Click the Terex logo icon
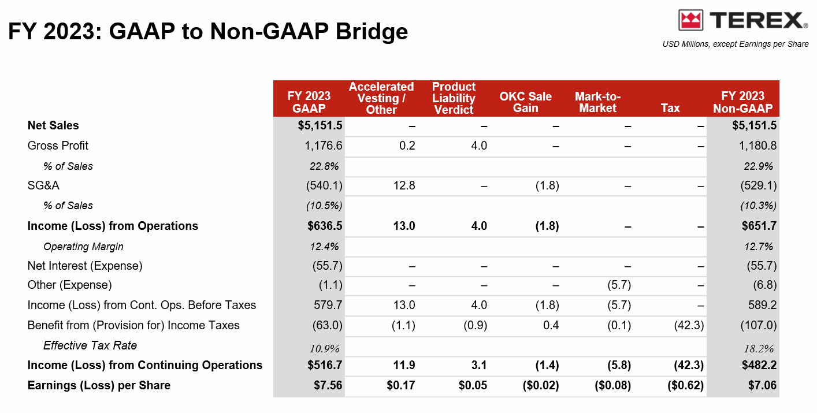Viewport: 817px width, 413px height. pyautogui.click(x=690, y=20)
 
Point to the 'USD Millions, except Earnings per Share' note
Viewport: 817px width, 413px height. pyautogui.click(x=736, y=44)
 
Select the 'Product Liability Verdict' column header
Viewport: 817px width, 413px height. pyautogui.click(x=454, y=98)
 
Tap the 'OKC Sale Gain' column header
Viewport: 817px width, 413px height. pyautogui.click(x=525, y=102)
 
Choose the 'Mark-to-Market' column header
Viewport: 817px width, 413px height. pyautogui.click(x=597, y=102)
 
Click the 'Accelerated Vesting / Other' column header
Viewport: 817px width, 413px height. pyautogui.click(x=381, y=98)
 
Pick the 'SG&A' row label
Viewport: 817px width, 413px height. pyautogui.click(x=43, y=185)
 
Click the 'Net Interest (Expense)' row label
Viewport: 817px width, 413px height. pyautogui.click(x=85, y=266)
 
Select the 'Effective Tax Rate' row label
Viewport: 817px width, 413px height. pyautogui.click(x=90, y=345)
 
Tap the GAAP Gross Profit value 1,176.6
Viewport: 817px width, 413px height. pyautogui.click(x=324, y=146)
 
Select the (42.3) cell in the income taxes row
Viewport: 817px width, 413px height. pyautogui.click(x=689, y=325)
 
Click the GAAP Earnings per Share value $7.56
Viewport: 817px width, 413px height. pyautogui.click(x=327, y=385)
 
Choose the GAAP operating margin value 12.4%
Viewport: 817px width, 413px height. pyautogui.click(x=324, y=247)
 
